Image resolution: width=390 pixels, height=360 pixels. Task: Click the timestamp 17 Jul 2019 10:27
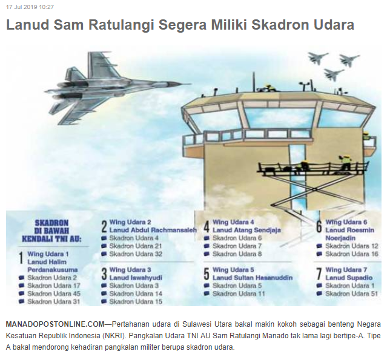click(30, 7)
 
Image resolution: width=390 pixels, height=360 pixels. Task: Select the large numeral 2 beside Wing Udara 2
click(104, 226)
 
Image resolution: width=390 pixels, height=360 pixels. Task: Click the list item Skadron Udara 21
click(136, 246)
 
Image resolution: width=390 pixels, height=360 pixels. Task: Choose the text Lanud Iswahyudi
click(136, 278)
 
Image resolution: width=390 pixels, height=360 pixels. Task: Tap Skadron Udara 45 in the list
click(54, 293)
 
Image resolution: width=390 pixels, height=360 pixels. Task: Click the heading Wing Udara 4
click(233, 222)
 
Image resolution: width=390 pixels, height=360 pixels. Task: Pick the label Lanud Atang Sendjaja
click(246, 230)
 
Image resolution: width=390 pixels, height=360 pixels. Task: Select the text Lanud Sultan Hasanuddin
click(253, 278)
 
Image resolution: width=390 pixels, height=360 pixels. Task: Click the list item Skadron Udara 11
click(239, 293)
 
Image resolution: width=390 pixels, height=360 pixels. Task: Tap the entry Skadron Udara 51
click(351, 293)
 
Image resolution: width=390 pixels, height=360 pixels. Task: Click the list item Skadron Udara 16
click(352, 254)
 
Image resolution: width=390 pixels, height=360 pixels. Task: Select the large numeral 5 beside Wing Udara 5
click(207, 274)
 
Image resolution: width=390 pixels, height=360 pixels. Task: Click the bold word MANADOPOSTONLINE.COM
click(56, 324)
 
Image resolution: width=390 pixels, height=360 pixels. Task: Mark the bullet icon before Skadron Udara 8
click(207, 254)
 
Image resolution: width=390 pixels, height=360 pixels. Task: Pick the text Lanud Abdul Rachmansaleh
click(153, 230)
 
